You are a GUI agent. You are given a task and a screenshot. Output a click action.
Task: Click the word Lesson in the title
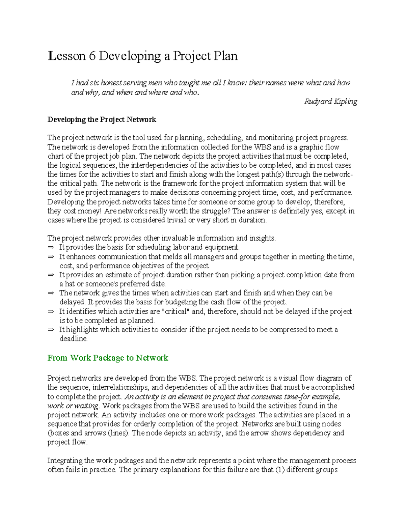(x=66, y=56)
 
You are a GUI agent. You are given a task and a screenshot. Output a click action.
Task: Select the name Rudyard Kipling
(x=330, y=101)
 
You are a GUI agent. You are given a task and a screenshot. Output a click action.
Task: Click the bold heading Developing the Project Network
(x=102, y=119)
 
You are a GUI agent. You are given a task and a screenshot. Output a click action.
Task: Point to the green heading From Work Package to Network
(x=108, y=358)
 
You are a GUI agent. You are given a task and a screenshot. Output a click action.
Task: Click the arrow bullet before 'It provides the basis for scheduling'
(x=51, y=248)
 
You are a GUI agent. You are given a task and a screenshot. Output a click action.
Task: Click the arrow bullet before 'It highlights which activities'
(x=51, y=330)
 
